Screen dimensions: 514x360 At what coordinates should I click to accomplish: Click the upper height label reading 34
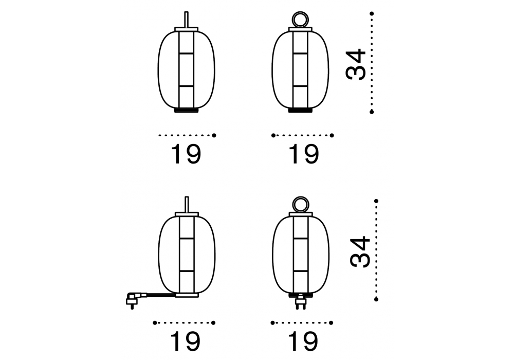(356, 64)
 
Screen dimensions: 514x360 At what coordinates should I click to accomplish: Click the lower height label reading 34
(360, 251)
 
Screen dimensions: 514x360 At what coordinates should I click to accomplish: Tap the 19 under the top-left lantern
(186, 154)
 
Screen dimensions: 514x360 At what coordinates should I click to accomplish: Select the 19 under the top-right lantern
(303, 154)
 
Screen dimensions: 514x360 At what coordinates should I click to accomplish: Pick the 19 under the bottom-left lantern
(185, 341)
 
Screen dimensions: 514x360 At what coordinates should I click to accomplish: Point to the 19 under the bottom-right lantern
(303, 341)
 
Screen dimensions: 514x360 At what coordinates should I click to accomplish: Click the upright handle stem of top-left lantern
(186, 20)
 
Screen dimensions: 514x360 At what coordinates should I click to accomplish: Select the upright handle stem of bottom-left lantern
(187, 205)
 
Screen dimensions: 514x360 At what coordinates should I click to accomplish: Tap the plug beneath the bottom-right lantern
(301, 302)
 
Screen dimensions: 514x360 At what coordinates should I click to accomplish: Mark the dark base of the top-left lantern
(187, 111)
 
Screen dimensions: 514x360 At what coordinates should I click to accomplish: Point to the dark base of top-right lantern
(300, 111)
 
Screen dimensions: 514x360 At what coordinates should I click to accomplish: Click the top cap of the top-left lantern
(187, 29)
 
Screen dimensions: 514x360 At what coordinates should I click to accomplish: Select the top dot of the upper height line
(372, 13)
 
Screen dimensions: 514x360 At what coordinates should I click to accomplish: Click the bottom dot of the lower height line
(376, 299)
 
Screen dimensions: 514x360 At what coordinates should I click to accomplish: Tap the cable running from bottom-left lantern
(159, 294)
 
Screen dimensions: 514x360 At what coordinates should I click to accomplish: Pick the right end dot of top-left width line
(214, 135)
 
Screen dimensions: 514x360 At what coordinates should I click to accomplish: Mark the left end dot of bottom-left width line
(155, 322)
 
